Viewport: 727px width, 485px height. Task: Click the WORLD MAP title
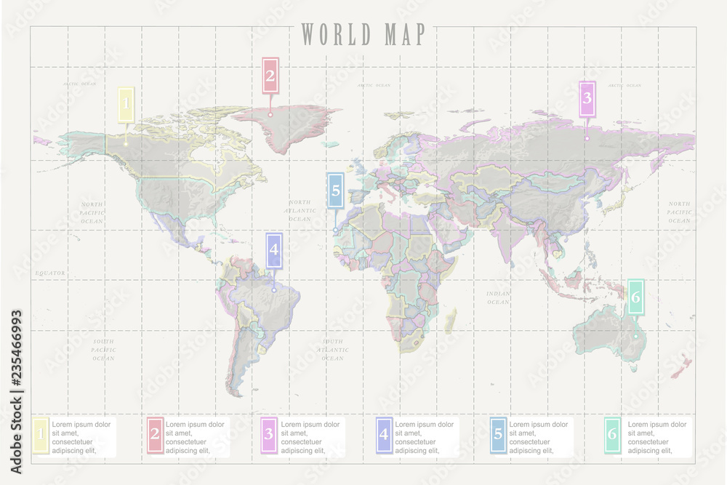[x=363, y=34]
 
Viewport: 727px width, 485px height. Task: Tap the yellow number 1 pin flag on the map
[x=126, y=105]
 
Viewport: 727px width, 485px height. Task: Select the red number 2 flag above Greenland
[x=270, y=75]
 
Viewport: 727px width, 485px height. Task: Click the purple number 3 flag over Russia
[x=587, y=100]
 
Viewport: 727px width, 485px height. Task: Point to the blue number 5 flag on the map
[x=335, y=191]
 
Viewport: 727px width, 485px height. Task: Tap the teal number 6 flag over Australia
[x=635, y=297]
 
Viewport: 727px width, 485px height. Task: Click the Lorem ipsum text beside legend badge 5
[x=539, y=437]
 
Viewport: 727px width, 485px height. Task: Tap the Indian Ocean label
[x=498, y=297]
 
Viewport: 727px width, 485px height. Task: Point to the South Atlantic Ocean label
[x=332, y=350]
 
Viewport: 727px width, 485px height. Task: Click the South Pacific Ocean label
[x=103, y=350]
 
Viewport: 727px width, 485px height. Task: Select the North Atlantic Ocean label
[x=300, y=210]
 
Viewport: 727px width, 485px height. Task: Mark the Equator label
[x=50, y=273]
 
